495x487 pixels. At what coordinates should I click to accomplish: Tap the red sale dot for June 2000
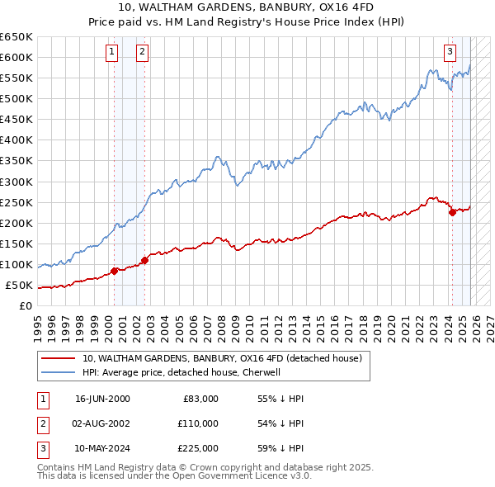pyautogui.click(x=114, y=271)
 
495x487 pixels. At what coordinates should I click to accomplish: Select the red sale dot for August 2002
pyautogui.click(x=144, y=260)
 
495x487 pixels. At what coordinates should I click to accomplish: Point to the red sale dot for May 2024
pyautogui.click(x=452, y=212)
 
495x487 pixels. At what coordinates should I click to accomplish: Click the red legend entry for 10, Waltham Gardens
pyautogui.click(x=221, y=359)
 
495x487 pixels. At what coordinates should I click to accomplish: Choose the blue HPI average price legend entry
pyautogui.click(x=181, y=372)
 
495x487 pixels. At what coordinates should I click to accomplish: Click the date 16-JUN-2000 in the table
pyautogui.click(x=102, y=399)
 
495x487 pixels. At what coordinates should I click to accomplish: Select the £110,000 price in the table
pyautogui.click(x=197, y=423)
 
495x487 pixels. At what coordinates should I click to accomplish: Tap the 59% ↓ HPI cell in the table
pyautogui.click(x=280, y=448)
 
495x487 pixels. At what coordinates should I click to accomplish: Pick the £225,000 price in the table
pyautogui.click(x=197, y=448)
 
